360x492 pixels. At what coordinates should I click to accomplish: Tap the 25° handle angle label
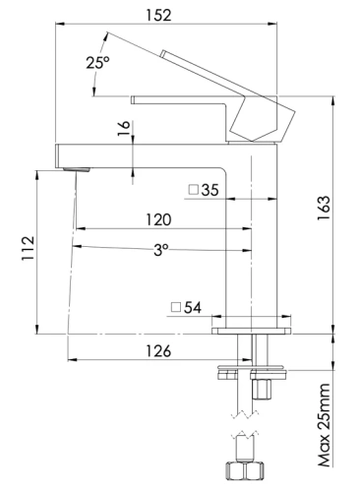[x=98, y=62]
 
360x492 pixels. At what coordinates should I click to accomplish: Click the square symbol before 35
[x=194, y=190]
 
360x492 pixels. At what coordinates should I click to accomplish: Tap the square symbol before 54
[x=174, y=308]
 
